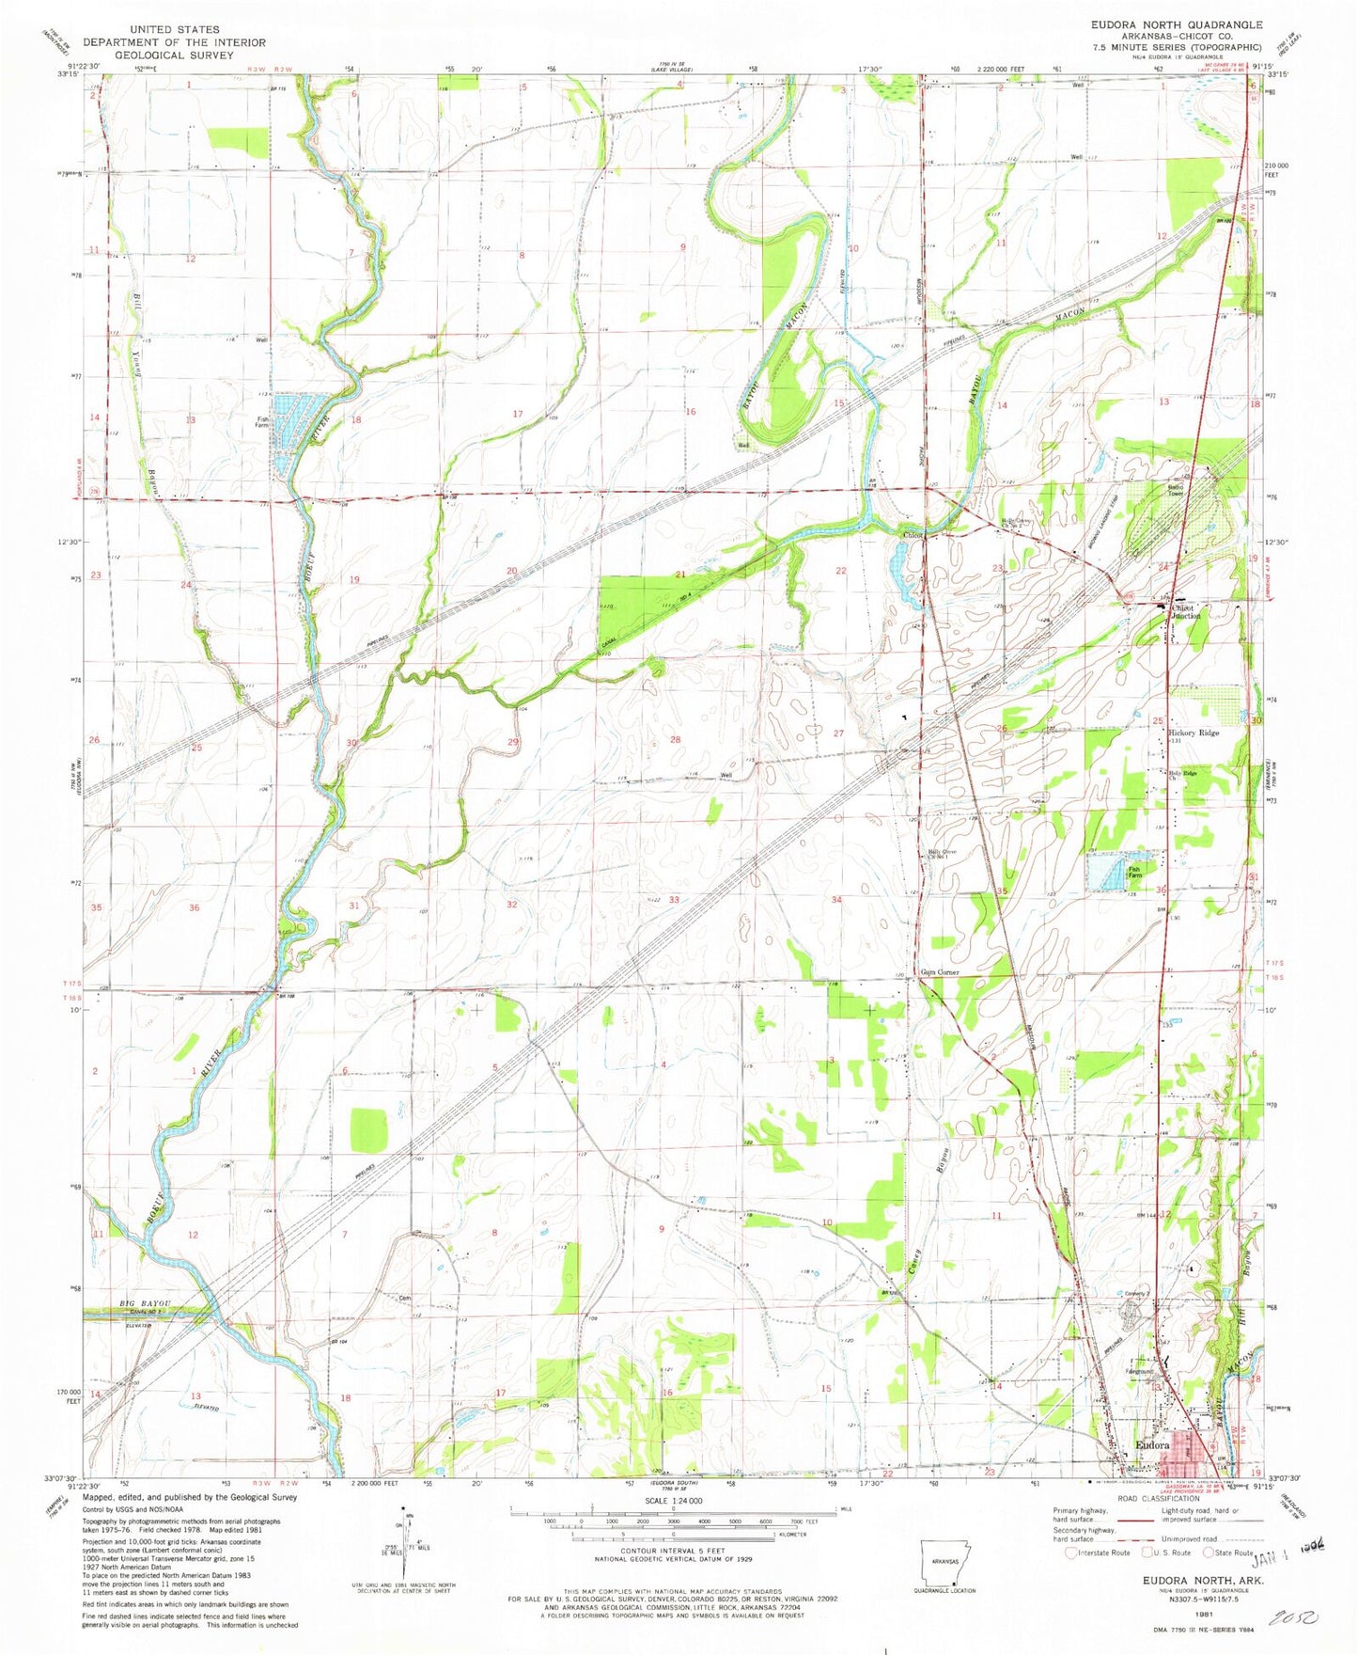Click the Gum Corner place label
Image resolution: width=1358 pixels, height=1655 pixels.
pos(939,972)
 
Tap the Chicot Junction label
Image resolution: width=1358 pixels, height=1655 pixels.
pos(1181,612)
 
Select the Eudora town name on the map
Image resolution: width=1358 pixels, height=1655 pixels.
pos(1152,1445)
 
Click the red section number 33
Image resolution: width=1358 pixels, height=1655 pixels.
pos(674,900)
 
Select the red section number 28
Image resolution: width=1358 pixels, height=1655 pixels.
pos(675,740)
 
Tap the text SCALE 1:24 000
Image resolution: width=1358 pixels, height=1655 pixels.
pos(673,1501)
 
